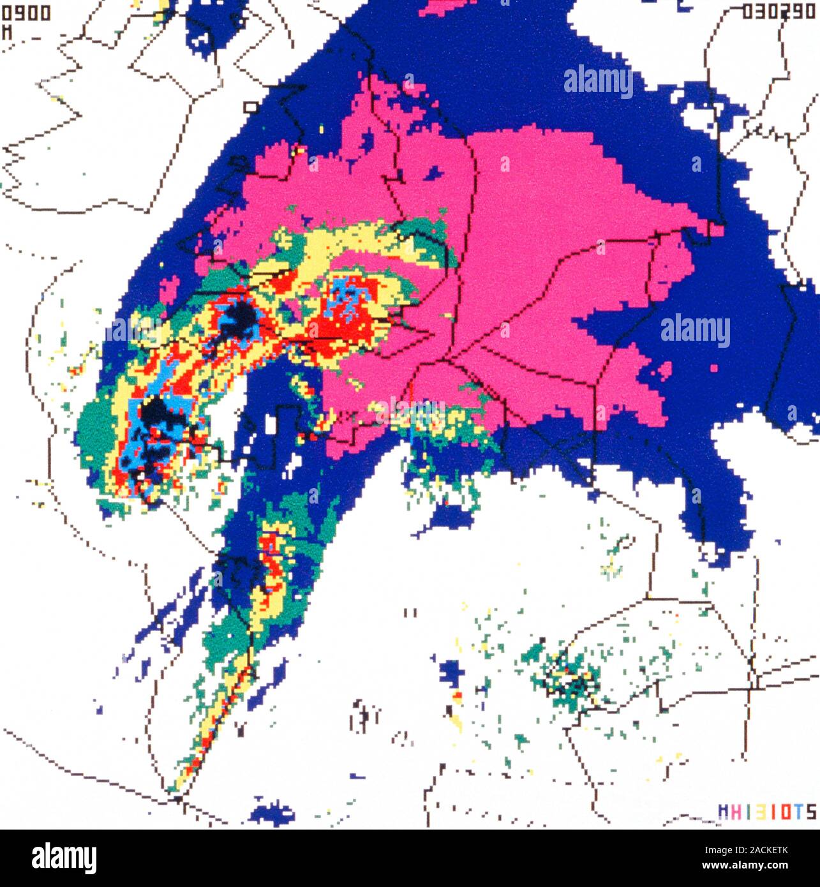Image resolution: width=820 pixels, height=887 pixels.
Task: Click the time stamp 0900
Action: coord(26,14)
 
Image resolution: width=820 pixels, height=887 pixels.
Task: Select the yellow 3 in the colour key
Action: coord(758,812)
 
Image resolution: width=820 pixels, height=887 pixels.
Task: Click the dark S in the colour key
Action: coord(810,812)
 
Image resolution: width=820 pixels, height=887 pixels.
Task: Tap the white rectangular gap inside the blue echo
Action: coord(272,425)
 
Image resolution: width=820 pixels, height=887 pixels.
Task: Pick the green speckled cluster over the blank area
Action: coord(565,676)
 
